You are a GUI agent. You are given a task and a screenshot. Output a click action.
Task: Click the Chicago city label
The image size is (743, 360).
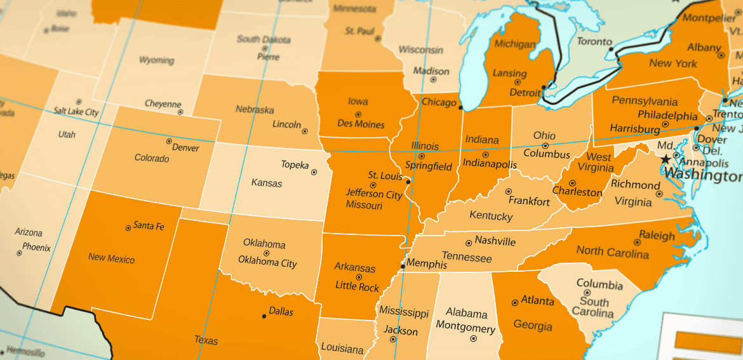[x=439, y=102]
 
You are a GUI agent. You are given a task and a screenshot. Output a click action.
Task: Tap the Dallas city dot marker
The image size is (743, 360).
[x=264, y=316]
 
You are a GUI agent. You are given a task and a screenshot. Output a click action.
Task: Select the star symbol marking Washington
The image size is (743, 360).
[x=665, y=159]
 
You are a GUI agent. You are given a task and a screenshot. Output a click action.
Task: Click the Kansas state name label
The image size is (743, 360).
[x=267, y=183]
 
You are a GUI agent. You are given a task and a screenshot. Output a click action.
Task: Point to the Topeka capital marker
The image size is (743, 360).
[x=314, y=172]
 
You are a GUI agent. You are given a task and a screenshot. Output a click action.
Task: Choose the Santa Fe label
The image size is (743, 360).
[x=149, y=226]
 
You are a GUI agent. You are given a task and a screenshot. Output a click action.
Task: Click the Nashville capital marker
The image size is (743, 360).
[x=469, y=243]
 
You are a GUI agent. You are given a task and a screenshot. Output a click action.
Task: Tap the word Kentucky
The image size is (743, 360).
[x=491, y=216]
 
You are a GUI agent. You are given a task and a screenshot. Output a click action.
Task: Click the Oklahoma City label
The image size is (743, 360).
[x=267, y=262]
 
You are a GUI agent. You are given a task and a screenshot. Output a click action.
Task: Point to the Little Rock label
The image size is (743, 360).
[x=357, y=287]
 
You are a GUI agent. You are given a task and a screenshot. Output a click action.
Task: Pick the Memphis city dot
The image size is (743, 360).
[x=403, y=266]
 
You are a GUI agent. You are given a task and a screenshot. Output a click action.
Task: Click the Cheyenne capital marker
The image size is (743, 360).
[x=180, y=112]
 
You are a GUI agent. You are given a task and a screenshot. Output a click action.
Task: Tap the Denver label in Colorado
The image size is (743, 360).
[x=185, y=148]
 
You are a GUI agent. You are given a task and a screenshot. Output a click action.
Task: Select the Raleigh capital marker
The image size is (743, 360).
[x=637, y=242]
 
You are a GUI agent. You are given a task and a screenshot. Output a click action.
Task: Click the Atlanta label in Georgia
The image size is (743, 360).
[x=538, y=300]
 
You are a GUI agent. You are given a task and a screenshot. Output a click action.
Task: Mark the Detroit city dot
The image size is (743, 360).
[x=544, y=87]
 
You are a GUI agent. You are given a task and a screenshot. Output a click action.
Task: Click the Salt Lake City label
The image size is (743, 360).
[x=76, y=112]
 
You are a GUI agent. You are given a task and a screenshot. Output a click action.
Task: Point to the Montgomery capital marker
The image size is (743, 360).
[x=473, y=338]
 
